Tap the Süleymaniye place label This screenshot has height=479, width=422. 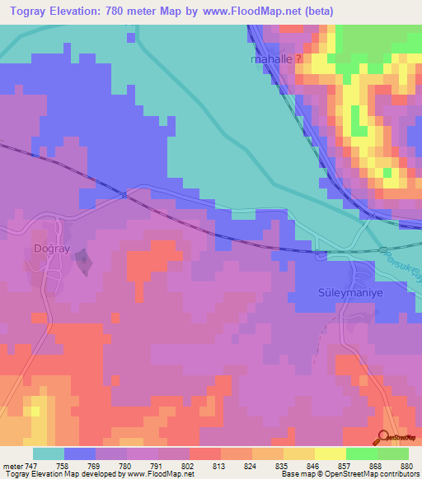point(323,293)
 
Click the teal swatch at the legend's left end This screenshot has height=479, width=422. point(49,453)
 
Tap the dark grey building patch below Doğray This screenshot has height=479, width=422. point(83,262)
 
